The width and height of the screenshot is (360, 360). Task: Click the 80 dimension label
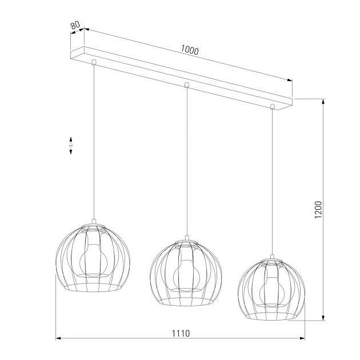[x=75, y=26]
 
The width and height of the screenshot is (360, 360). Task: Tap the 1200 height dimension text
[x=319, y=210]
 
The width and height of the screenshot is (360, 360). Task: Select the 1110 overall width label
[x=181, y=333]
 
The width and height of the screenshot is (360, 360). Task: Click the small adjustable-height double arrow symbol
[x=71, y=145]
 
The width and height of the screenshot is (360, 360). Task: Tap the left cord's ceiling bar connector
[x=94, y=61]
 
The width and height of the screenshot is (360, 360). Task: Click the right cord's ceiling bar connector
[x=273, y=106]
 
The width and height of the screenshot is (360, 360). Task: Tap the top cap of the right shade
[x=273, y=259]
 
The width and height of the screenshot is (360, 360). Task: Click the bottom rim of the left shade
[x=94, y=287]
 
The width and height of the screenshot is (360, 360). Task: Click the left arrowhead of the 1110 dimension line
[x=58, y=339]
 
